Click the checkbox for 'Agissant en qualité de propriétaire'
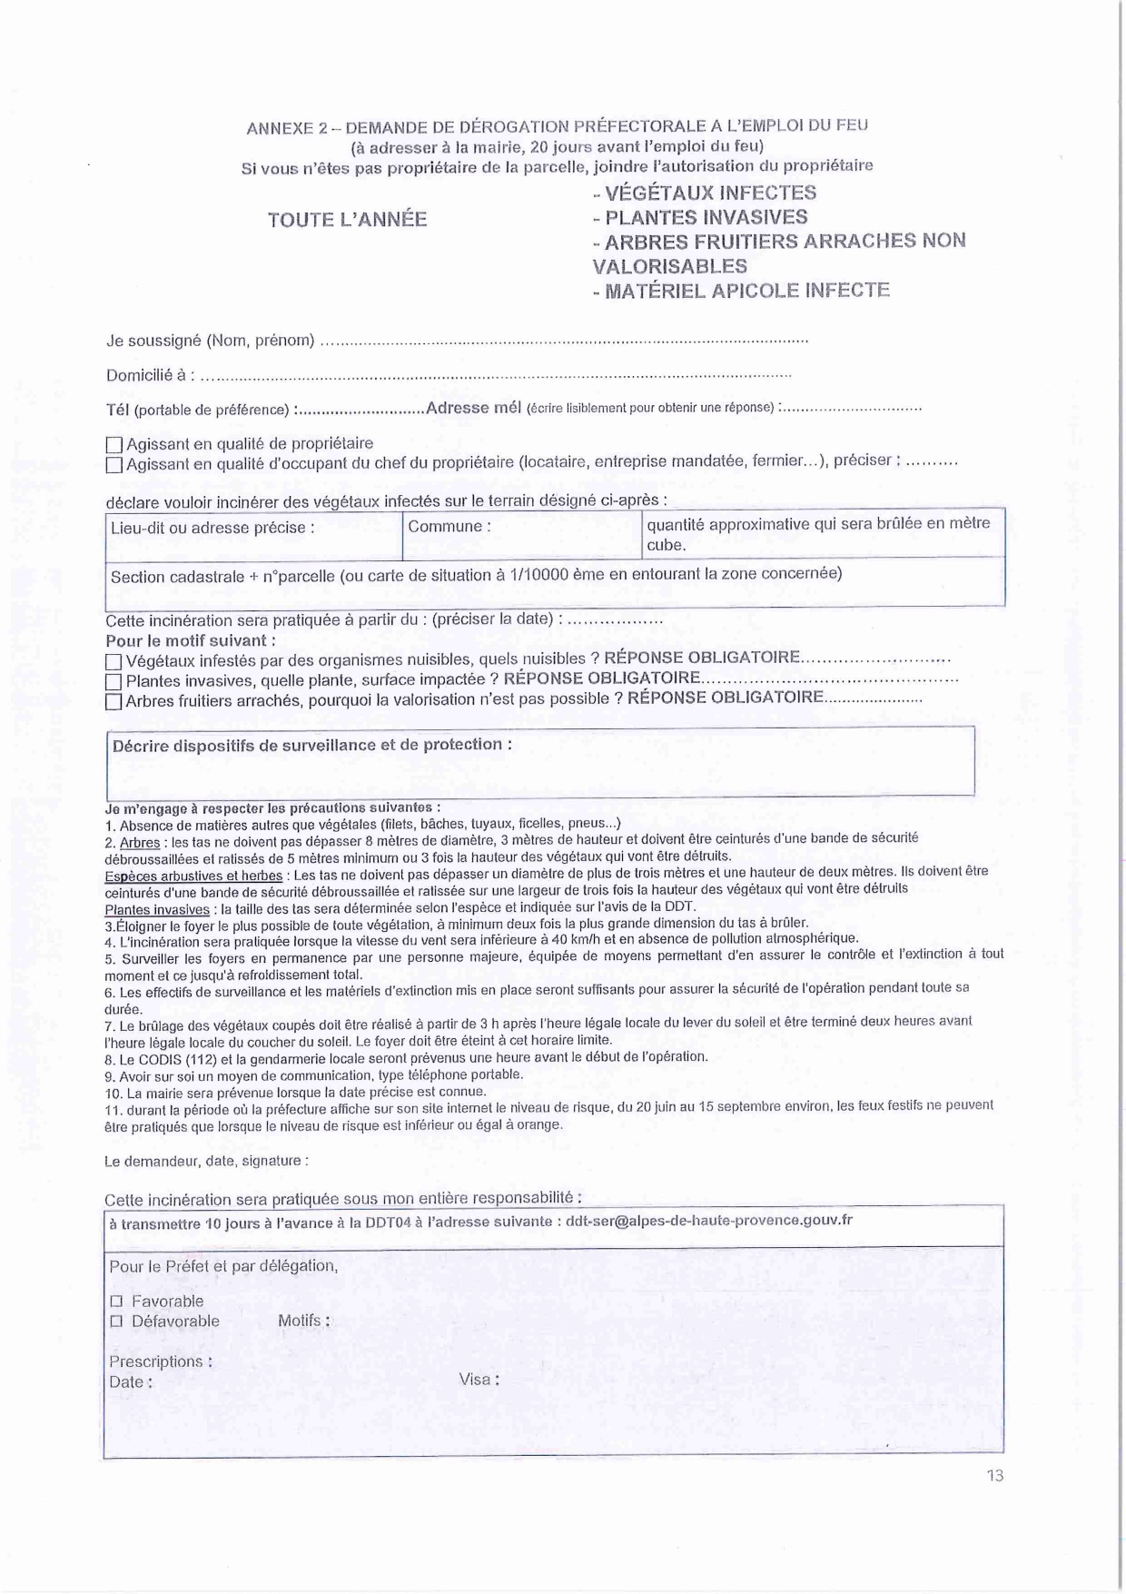(x=114, y=445)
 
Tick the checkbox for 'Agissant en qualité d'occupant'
(x=114, y=465)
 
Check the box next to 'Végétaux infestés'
(x=114, y=662)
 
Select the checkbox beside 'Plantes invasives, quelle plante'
(x=114, y=682)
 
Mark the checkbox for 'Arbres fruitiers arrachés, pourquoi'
(x=114, y=701)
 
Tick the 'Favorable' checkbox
(x=116, y=1302)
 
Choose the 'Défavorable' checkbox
(x=116, y=1322)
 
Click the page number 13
(x=995, y=1476)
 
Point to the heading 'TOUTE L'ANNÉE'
(x=347, y=220)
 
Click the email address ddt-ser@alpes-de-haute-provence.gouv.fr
(x=708, y=1221)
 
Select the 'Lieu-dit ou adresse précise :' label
(x=212, y=528)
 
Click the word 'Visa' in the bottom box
(x=475, y=1379)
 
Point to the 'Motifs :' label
(x=303, y=1321)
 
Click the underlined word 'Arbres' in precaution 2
(x=140, y=843)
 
